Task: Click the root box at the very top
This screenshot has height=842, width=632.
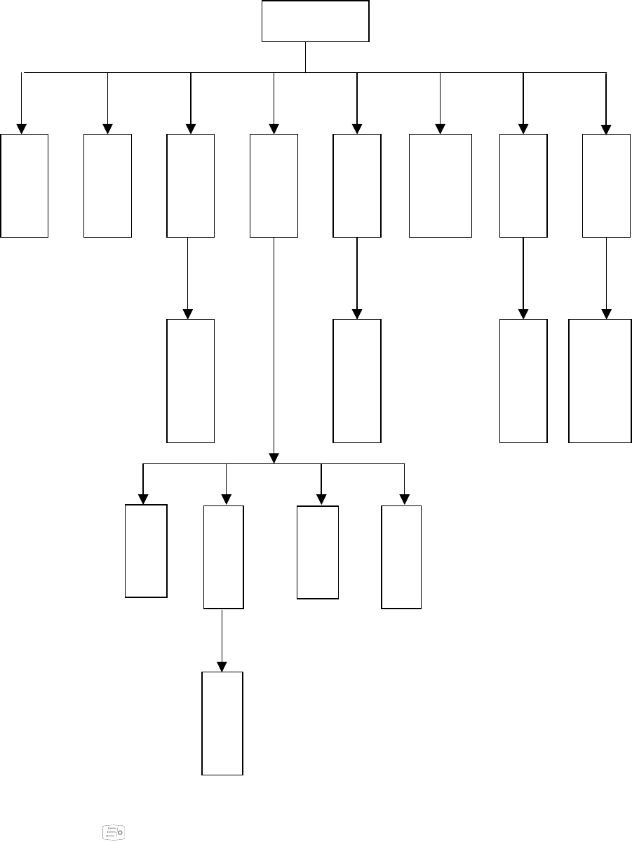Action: click(x=316, y=22)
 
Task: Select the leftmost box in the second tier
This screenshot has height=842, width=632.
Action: click(x=25, y=186)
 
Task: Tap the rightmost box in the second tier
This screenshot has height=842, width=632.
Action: click(x=607, y=186)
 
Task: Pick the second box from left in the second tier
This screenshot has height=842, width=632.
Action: click(x=107, y=186)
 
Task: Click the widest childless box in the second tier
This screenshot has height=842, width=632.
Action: click(x=441, y=186)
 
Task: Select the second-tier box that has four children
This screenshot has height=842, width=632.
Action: click(x=274, y=186)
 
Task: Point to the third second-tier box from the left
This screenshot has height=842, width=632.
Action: click(x=190, y=186)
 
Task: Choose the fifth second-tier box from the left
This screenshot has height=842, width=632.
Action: click(x=357, y=186)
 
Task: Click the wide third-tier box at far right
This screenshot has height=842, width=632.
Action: click(x=600, y=381)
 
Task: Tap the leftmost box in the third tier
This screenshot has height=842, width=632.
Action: click(x=190, y=381)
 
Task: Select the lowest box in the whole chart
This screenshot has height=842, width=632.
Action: click(x=222, y=724)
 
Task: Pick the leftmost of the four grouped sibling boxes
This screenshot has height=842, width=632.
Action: click(x=146, y=551)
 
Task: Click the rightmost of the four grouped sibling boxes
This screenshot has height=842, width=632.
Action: click(x=401, y=557)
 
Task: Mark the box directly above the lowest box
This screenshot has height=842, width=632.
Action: click(x=224, y=557)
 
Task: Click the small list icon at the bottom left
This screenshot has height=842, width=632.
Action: click(x=112, y=832)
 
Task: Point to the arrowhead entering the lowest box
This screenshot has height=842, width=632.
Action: click(x=222, y=667)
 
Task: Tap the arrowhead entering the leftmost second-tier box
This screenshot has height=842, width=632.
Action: click(x=22, y=129)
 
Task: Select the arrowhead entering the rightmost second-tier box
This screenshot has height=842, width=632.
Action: click(x=606, y=129)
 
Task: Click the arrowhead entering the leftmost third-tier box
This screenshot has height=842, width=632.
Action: click(x=187, y=315)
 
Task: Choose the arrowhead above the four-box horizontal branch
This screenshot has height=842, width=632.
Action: click(x=274, y=458)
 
